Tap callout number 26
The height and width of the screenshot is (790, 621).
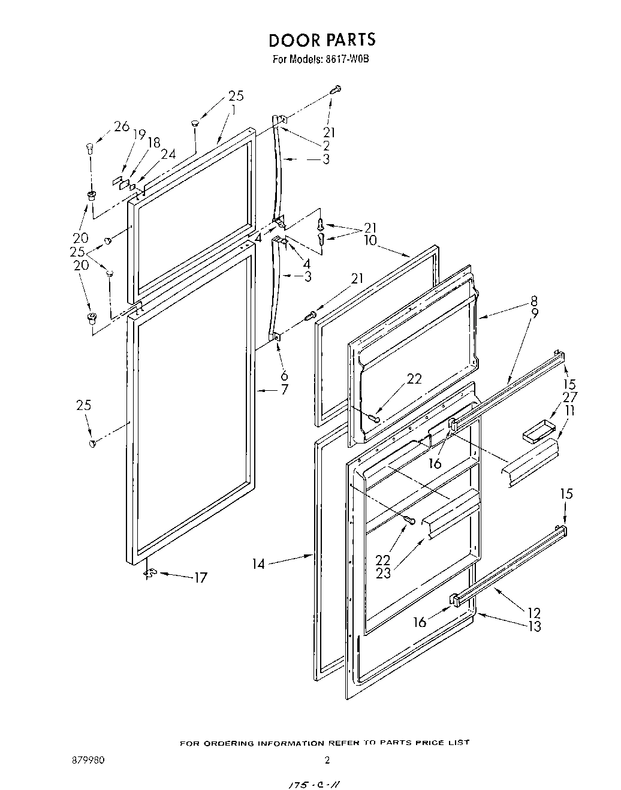point(122,126)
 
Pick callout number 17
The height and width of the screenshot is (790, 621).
point(200,578)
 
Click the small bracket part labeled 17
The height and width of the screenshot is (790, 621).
point(150,574)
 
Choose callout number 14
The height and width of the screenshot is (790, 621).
point(258,564)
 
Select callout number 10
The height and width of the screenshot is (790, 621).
point(370,240)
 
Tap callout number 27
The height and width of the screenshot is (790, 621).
point(569,397)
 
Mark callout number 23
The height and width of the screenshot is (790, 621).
point(383,573)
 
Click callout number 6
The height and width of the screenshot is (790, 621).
point(284,376)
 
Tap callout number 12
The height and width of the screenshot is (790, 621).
point(533,613)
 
